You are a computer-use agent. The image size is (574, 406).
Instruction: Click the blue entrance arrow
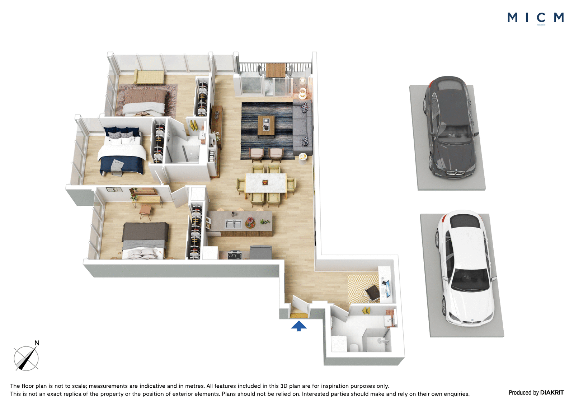click(299, 326)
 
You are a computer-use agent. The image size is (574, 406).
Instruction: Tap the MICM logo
click(536, 18)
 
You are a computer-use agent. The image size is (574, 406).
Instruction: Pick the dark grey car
click(451, 127)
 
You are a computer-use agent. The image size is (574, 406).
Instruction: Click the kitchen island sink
click(233, 224)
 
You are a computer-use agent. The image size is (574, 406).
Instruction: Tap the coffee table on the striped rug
click(266, 125)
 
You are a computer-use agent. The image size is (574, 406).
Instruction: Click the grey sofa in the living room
click(303, 127)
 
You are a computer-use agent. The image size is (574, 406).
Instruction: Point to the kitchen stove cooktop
click(235, 256)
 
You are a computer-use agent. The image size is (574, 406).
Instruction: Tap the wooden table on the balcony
click(276, 70)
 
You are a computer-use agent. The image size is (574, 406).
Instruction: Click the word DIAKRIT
click(552, 392)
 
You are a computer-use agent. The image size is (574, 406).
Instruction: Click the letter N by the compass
click(37, 343)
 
